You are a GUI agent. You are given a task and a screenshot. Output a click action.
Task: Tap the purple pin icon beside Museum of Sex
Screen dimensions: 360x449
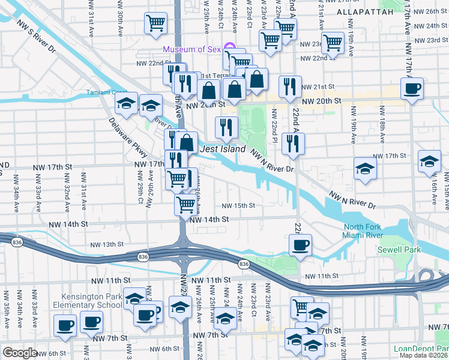pos(229,48)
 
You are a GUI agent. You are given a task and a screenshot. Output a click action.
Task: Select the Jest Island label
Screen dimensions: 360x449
pos(223,149)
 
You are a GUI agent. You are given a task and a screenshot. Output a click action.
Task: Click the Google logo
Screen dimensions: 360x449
pos(20,353)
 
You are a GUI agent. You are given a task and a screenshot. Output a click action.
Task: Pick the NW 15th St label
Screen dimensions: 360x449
pos(239,205)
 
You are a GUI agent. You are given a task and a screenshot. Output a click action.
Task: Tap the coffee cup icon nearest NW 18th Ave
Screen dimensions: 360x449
pos(412,88)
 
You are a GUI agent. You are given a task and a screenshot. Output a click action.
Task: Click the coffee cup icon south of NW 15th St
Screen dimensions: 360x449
pos(300,244)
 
